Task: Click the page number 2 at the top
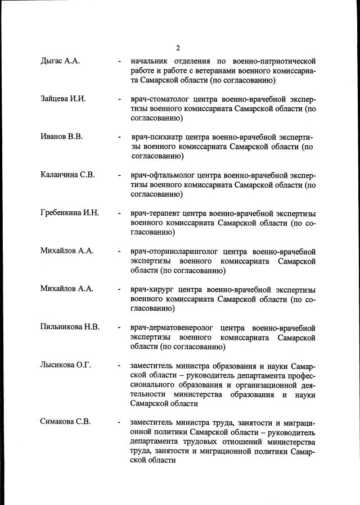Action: coord(178,47)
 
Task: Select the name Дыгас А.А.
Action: coord(60,61)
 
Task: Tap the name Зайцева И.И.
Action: coord(63,99)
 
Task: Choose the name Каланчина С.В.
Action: coord(67,175)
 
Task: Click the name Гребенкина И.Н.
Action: coord(70,213)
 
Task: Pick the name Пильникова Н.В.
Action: coord(70,327)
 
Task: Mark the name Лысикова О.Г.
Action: coord(66,365)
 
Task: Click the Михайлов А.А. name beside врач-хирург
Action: coord(67,289)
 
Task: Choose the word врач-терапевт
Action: coord(156,213)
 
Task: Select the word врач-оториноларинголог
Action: coord(174,251)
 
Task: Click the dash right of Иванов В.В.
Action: coord(119,137)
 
